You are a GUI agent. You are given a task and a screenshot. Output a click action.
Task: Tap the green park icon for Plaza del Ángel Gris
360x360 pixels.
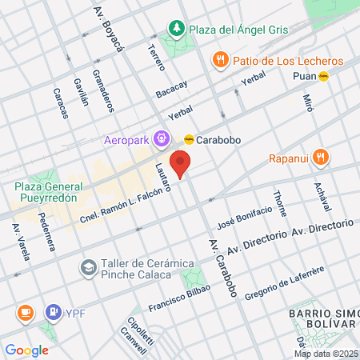175,30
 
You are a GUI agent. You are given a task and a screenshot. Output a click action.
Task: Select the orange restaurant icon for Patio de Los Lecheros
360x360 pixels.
218,61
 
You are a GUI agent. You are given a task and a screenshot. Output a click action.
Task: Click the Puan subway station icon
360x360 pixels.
323,76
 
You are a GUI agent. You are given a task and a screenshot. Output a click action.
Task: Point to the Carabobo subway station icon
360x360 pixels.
189,138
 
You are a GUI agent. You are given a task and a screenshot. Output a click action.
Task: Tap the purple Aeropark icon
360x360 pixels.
162,138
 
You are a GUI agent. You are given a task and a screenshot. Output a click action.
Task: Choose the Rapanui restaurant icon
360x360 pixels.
321,157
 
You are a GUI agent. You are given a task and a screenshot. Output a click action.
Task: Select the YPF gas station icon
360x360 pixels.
54,311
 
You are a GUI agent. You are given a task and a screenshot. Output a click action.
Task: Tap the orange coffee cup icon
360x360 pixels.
25,311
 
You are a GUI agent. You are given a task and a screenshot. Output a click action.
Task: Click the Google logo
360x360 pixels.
26,350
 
